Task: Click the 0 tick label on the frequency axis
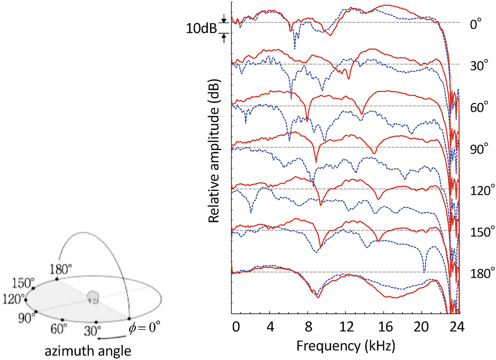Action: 235,326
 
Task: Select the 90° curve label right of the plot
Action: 480,148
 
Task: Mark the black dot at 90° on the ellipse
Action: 36,312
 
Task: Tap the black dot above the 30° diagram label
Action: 96,322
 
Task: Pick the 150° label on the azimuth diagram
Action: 24,284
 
